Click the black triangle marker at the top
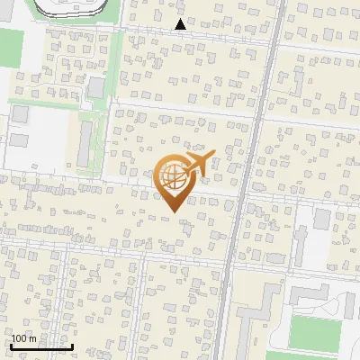(180, 24)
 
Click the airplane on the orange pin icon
(196, 164)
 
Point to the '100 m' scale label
(24, 338)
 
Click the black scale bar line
(40, 346)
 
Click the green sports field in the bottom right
(315, 334)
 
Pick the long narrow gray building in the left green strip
(86, 143)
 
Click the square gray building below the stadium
(95, 86)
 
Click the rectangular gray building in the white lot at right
(322, 220)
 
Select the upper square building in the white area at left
(20, 114)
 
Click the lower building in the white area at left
(18, 142)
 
